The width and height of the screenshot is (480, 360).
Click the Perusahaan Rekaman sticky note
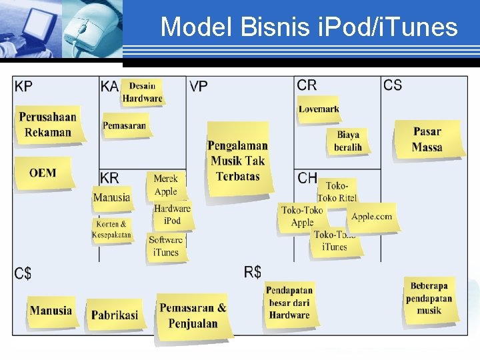pyautogui.click(x=47, y=124)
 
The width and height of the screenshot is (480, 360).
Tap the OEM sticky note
pyautogui.click(x=43, y=173)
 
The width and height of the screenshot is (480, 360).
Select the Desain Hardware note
pyautogui.click(x=142, y=92)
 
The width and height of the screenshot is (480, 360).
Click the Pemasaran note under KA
pyautogui.click(x=124, y=125)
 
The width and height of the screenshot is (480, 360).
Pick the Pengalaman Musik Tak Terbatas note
pyautogui.click(x=237, y=160)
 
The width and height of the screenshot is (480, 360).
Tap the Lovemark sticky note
pyautogui.click(x=319, y=109)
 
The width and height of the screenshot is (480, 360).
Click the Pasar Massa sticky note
pyautogui.click(x=427, y=139)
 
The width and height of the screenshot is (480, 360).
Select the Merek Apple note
pyautogui.click(x=165, y=185)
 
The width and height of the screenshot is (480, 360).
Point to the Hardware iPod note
pyautogui.click(x=172, y=215)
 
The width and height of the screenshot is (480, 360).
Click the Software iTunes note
pyautogui.click(x=165, y=246)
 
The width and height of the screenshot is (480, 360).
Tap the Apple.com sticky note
pyautogui.click(x=372, y=217)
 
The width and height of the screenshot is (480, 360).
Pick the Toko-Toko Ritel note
pyautogui.click(x=337, y=191)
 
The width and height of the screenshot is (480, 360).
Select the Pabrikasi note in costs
pyautogui.click(x=115, y=315)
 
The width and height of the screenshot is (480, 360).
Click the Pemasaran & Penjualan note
pyautogui.click(x=193, y=316)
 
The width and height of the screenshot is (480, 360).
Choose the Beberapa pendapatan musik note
pyautogui.click(x=429, y=298)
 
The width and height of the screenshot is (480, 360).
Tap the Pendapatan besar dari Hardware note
pyautogui.click(x=289, y=303)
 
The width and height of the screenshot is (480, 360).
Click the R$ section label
pyautogui.click(x=252, y=272)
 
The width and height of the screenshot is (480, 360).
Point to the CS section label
pyautogui.click(x=393, y=85)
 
